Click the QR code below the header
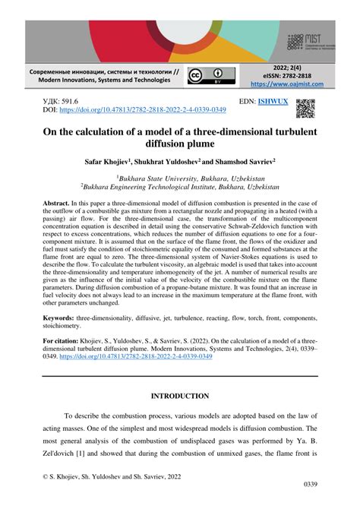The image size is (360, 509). pos(305,109)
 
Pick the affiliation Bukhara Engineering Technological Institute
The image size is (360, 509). pos(181,185)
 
